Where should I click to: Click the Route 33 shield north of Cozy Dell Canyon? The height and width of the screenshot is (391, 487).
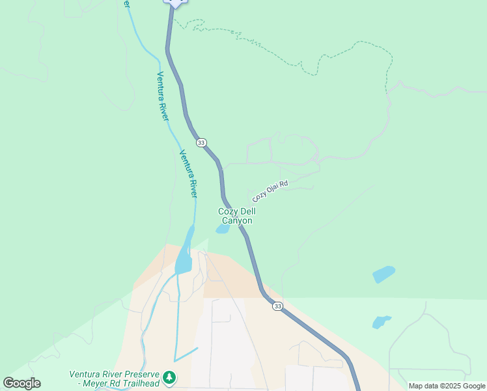tap(201, 143)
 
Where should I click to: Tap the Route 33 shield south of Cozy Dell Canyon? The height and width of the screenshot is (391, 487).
tap(278, 306)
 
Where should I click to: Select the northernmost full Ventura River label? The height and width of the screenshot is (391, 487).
tap(162, 95)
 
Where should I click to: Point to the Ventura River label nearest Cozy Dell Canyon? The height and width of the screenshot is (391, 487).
tap(188, 174)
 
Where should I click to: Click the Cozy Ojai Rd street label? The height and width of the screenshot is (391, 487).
tap(270, 191)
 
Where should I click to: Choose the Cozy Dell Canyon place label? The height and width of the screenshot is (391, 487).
tap(236, 216)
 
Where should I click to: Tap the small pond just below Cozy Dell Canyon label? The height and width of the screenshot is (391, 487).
tap(222, 229)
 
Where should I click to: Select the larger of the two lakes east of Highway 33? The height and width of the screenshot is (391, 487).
tap(383, 274)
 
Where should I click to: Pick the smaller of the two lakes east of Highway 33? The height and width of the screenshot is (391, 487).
tap(381, 321)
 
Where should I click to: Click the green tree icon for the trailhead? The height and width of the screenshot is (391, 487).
tap(169, 377)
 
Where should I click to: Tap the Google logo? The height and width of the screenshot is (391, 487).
tap(21, 383)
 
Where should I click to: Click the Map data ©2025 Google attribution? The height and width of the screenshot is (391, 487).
tap(447, 386)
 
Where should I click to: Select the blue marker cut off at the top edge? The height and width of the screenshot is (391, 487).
tap(174, 3)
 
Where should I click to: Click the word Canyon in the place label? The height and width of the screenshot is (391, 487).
tap(237, 221)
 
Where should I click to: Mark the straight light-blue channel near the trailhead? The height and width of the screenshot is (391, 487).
tap(186, 354)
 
